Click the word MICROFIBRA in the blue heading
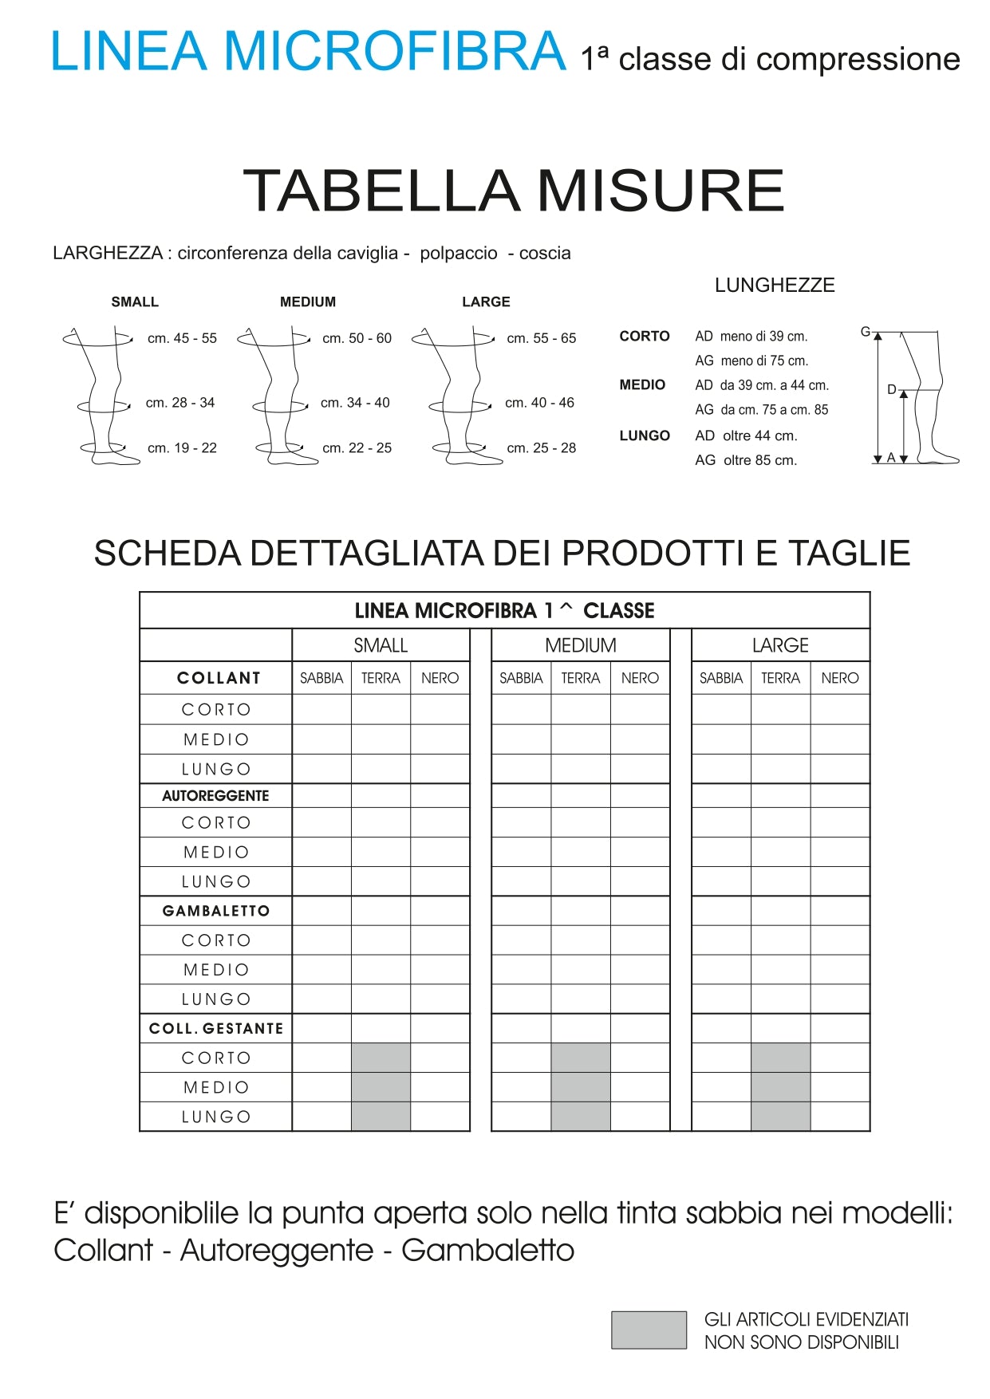(395, 52)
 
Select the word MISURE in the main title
(661, 191)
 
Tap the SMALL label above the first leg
(135, 302)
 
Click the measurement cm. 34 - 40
(355, 403)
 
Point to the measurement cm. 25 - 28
(541, 448)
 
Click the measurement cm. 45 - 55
(182, 338)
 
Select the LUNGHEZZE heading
(774, 286)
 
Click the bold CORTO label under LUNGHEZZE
(645, 337)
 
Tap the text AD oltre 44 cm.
(746, 436)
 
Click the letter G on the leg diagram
(865, 332)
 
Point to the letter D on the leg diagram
(891, 390)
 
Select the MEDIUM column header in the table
(580, 645)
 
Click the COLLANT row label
(219, 678)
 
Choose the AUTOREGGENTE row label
(215, 796)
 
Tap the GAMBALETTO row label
(216, 911)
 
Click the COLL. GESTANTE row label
(216, 1029)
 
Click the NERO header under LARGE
(839, 678)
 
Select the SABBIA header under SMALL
(321, 678)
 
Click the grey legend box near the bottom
(649, 1330)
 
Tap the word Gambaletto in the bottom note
(487, 1251)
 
